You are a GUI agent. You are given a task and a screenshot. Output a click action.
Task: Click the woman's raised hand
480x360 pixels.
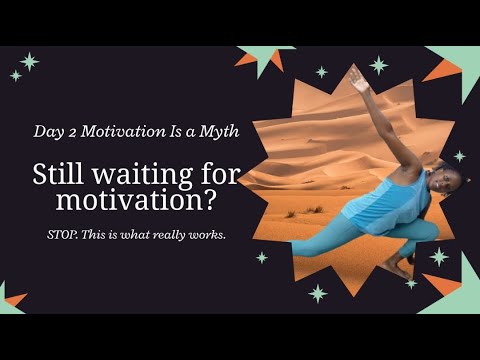tap(357, 79)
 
